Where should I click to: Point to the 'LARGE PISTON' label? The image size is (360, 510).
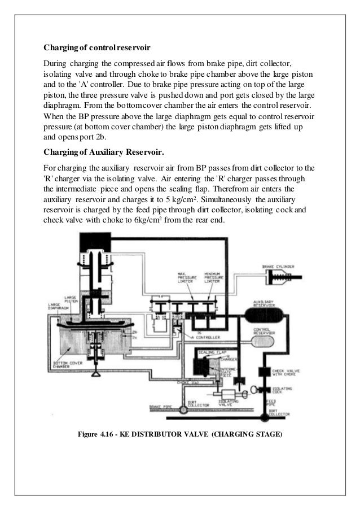point(72,299)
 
